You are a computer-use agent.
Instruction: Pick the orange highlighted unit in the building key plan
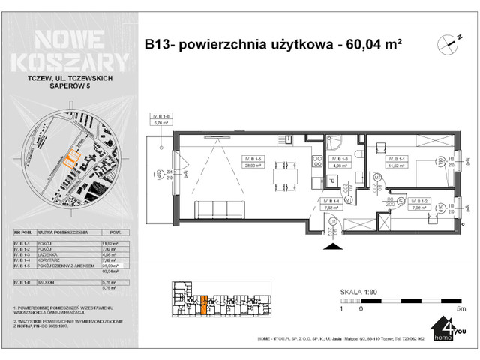[203, 307]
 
